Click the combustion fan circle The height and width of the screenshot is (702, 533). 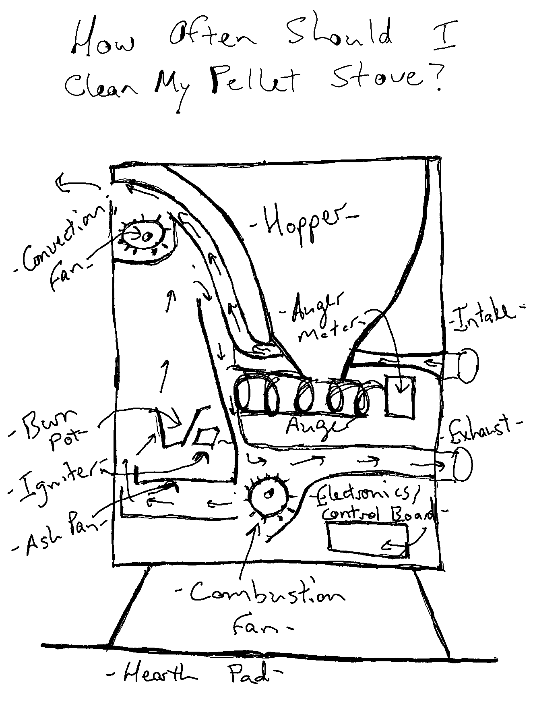click(x=268, y=495)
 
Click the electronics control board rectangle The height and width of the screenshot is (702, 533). click(x=367, y=540)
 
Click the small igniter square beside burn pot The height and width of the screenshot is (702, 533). click(x=206, y=437)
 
